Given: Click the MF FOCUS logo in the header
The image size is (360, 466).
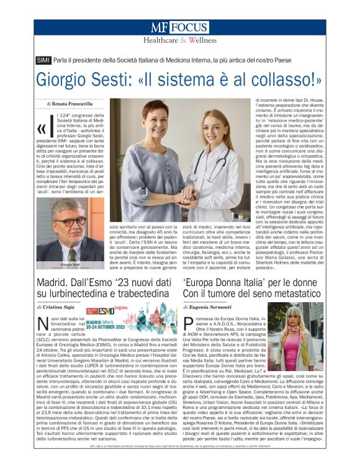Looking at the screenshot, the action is click(x=179, y=28).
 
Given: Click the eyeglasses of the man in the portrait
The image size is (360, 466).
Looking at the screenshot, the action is click(x=69, y=221).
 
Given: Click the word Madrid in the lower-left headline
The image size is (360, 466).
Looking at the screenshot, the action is click(x=54, y=284).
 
